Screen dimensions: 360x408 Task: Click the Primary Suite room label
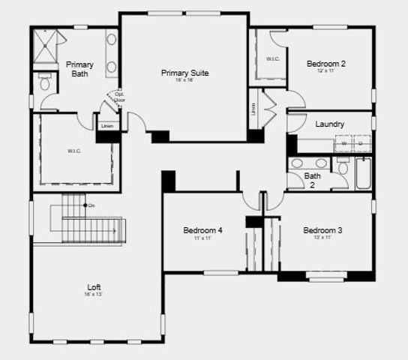pyautogui.click(x=184, y=73)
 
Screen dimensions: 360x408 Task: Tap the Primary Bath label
pyautogui.click(x=79, y=69)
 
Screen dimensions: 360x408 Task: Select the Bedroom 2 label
pyautogui.click(x=326, y=64)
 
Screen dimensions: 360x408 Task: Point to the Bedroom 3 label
pyautogui.click(x=322, y=229)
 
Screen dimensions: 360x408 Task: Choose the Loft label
pyautogui.click(x=94, y=286)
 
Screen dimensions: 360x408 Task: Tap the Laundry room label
pyautogui.click(x=330, y=124)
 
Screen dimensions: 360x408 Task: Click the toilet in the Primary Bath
pyautogui.click(x=45, y=83)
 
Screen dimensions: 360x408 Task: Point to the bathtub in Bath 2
pyautogui.click(x=363, y=173)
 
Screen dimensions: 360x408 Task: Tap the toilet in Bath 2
pyautogui.click(x=343, y=168)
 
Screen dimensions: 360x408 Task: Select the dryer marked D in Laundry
pyautogui.click(x=359, y=142)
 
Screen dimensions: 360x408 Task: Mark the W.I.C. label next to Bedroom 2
pyautogui.click(x=272, y=58)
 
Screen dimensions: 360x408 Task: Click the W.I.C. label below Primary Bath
pyautogui.click(x=73, y=151)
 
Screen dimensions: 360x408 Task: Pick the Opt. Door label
pyautogui.click(x=119, y=97)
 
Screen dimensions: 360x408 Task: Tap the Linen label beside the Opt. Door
pyautogui.click(x=107, y=125)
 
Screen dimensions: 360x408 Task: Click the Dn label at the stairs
pyautogui.click(x=91, y=205)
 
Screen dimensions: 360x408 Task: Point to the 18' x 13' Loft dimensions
pyautogui.click(x=94, y=295)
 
